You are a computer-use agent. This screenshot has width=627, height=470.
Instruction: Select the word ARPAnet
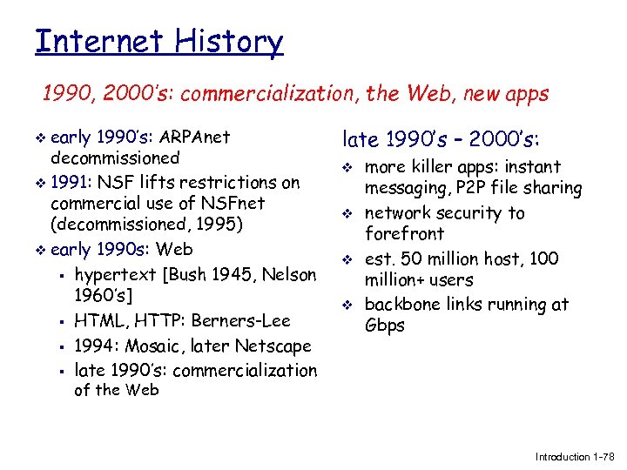click(x=197, y=137)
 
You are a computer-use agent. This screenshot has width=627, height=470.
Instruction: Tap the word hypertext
click(x=117, y=275)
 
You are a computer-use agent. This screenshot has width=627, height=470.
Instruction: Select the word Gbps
click(x=386, y=326)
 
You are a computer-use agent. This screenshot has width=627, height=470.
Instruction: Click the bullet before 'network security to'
click(x=347, y=214)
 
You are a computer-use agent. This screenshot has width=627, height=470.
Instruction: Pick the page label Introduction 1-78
click(x=574, y=456)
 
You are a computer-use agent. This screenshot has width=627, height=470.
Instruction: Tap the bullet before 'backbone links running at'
click(x=347, y=305)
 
